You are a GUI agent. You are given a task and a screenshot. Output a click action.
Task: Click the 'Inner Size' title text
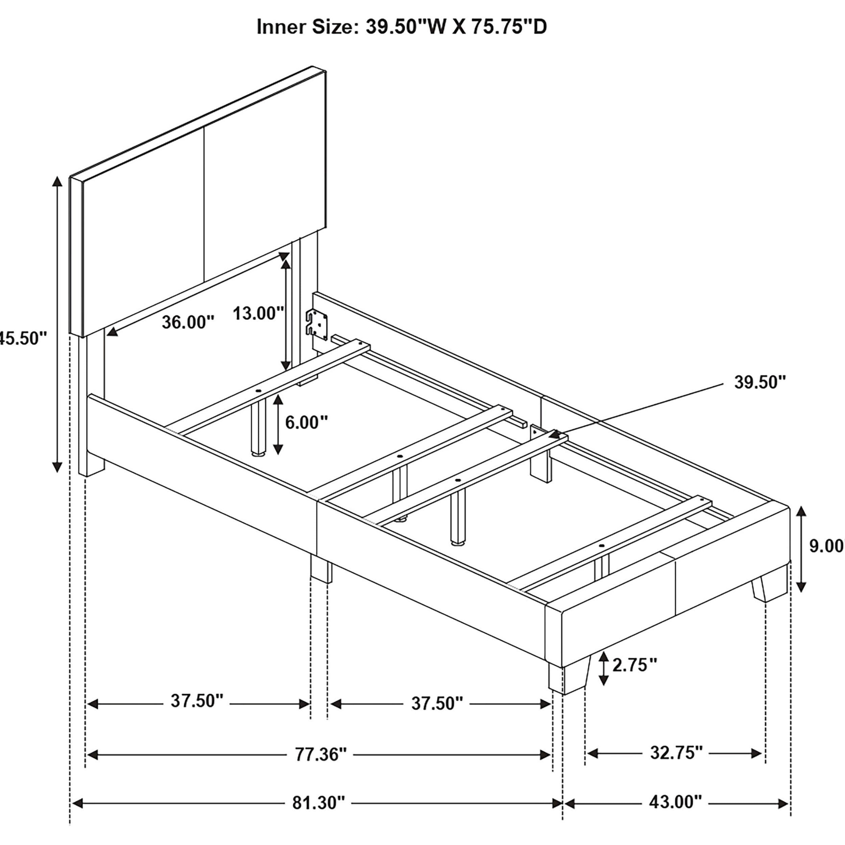tap(401, 27)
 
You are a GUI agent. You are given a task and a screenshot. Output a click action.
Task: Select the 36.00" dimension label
tap(188, 322)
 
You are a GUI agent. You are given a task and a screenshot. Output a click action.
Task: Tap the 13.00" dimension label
tap(258, 313)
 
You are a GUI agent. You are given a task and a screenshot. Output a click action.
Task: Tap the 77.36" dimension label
tap(320, 754)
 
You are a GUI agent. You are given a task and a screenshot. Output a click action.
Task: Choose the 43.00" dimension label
tap(675, 802)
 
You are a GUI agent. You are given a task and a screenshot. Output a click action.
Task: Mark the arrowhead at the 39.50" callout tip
tap(555, 434)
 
